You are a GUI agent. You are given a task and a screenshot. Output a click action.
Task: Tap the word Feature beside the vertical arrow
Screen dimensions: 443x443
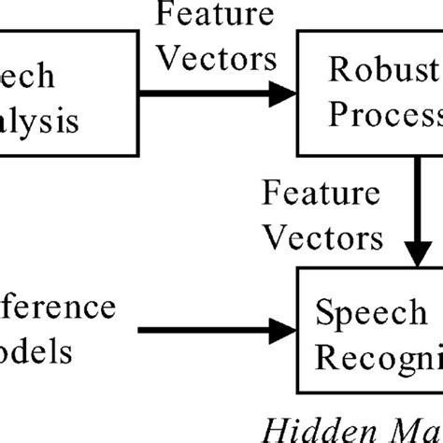[321, 195]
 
